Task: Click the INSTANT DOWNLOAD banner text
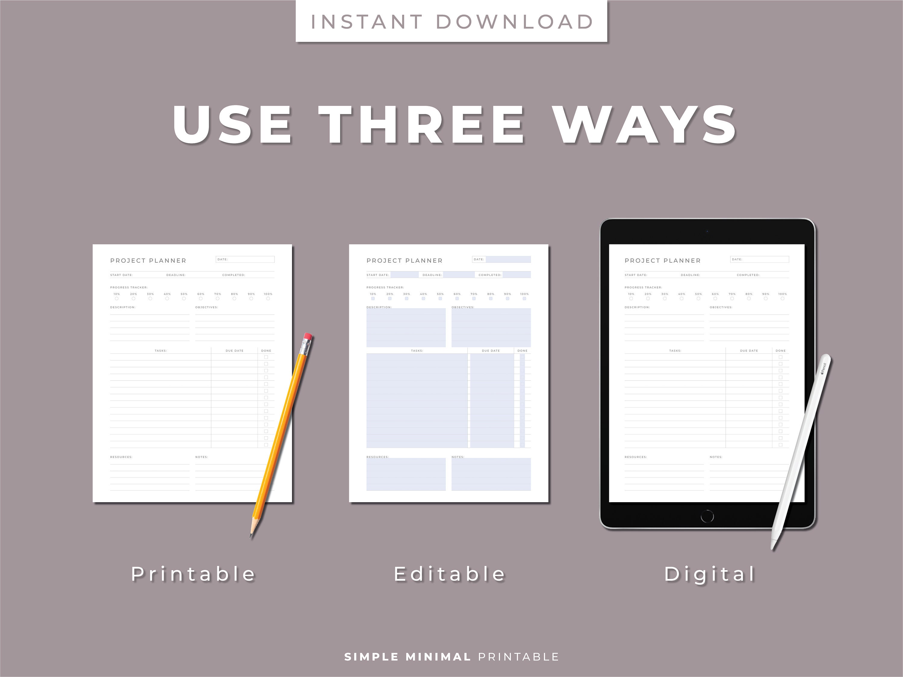point(451,22)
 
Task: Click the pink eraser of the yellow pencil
point(308,337)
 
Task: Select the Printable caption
point(193,574)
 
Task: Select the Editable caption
point(449,574)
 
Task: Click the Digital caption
point(709,574)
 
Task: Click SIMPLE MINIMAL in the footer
point(408,657)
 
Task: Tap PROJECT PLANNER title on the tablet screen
point(662,260)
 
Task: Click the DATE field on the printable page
point(245,259)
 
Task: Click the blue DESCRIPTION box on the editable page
point(406,328)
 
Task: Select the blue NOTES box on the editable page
point(491,474)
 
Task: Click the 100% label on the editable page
point(524,294)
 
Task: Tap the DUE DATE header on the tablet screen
point(749,351)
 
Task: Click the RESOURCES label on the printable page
point(121,457)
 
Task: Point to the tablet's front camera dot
point(707,231)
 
